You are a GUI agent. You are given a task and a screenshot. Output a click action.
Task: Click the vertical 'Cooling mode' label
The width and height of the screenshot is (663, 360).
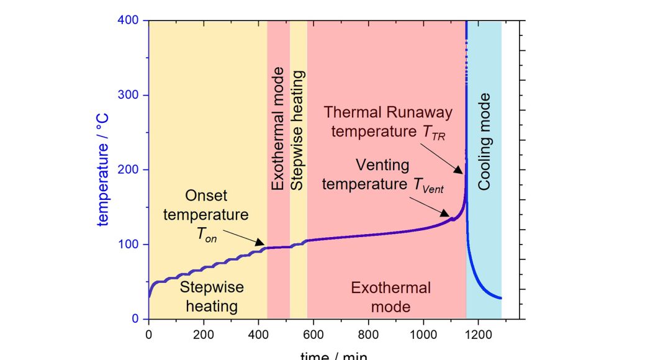pyautogui.click(x=484, y=142)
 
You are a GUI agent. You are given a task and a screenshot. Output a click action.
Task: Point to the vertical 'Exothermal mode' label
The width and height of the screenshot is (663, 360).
pyautogui.click(x=278, y=128)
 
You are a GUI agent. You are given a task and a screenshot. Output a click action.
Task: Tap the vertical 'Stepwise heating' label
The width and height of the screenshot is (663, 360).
pyautogui.click(x=299, y=130)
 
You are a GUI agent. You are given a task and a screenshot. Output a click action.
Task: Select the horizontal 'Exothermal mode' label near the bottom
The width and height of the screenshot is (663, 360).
pyautogui.click(x=390, y=297)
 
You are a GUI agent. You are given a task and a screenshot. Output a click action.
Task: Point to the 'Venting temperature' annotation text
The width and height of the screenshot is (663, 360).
pyautogui.click(x=383, y=174)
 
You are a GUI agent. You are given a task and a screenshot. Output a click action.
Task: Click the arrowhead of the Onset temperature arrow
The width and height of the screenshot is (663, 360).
pyautogui.click(x=262, y=245)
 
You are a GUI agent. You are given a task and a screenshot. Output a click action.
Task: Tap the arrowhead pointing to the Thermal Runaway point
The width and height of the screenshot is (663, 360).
pyautogui.click(x=460, y=171)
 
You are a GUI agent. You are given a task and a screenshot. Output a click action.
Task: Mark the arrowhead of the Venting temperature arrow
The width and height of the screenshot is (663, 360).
pyautogui.click(x=451, y=215)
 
